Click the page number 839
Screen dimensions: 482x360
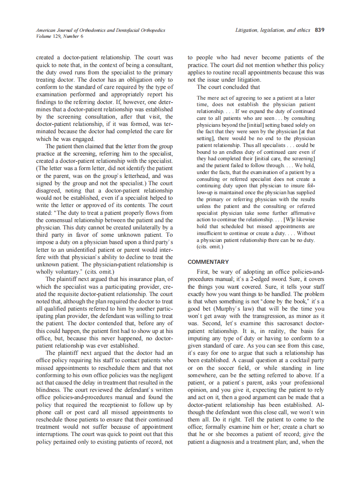point(319,30)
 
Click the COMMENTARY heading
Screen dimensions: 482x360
point(208,262)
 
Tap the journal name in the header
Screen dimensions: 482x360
point(101,31)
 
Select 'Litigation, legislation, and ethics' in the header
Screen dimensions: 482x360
point(273,30)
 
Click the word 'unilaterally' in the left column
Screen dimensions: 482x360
point(139,227)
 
